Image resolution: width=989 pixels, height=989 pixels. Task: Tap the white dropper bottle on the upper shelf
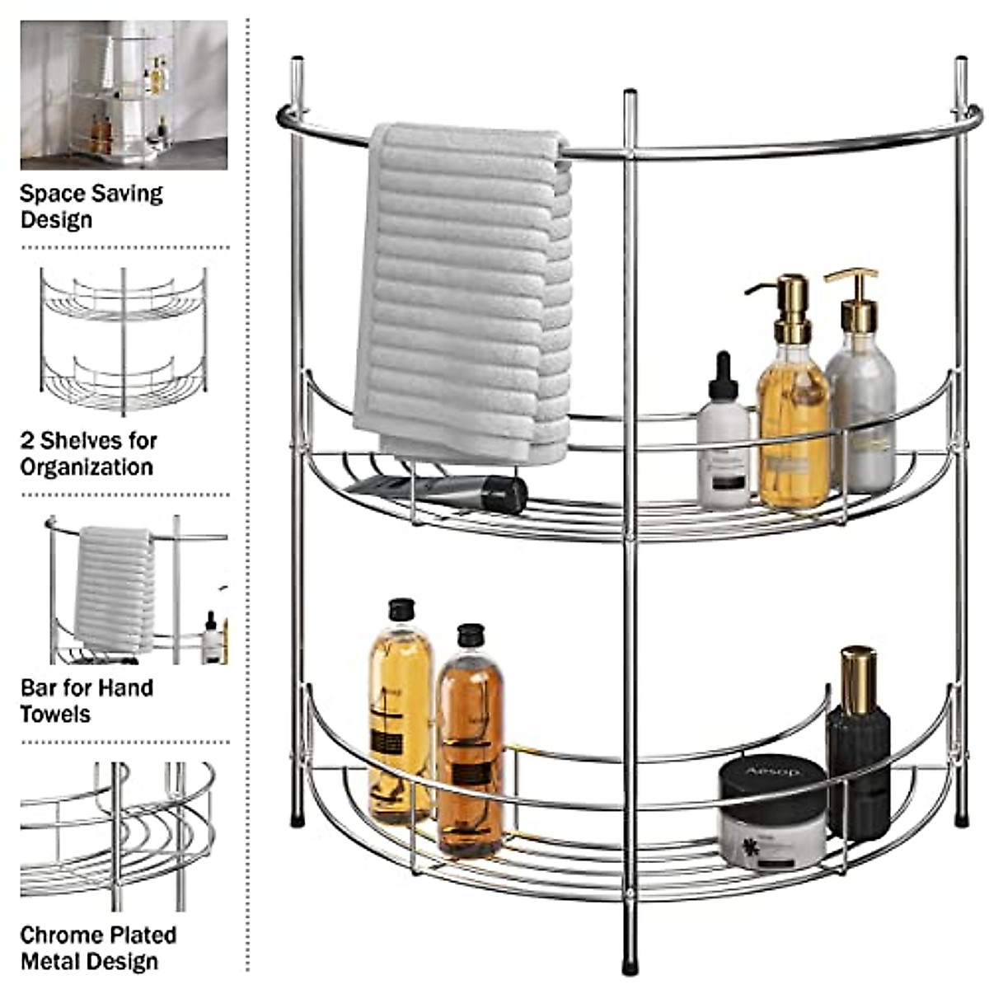click(x=724, y=445)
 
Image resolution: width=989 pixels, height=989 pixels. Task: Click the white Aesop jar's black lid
click(x=772, y=778)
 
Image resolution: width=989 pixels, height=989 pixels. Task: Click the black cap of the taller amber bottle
click(x=401, y=609)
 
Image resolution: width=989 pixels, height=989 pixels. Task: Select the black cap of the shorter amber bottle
click(x=470, y=635)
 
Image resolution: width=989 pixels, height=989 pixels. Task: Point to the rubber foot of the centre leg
click(x=630, y=963)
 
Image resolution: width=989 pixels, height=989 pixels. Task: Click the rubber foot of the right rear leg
click(x=961, y=820)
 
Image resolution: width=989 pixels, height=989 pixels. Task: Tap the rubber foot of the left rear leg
click(x=298, y=820)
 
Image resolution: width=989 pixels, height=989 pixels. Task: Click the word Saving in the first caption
click(x=127, y=195)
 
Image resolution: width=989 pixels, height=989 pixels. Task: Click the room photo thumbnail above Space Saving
click(x=124, y=95)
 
